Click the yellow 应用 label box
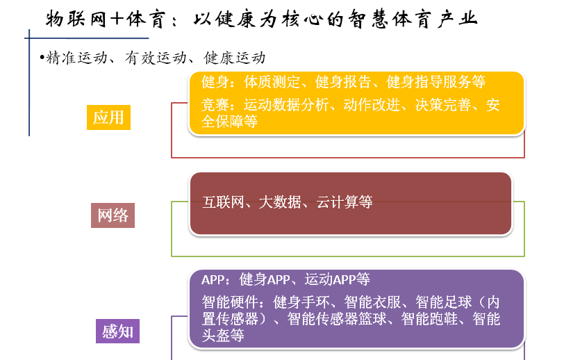[x=108, y=117]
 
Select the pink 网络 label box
[x=113, y=215]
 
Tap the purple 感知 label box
[x=117, y=332]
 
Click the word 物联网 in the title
[x=76, y=19]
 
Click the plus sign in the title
[x=117, y=19]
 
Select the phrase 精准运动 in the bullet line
[x=76, y=58]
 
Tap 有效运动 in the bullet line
[x=156, y=58]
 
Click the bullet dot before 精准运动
[x=42, y=57]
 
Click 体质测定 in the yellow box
[x=272, y=82]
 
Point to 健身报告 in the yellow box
[x=343, y=82]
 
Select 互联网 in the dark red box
[x=224, y=202]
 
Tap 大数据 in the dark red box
[x=280, y=202]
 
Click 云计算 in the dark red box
[x=337, y=202]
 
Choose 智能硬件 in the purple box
[x=229, y=302]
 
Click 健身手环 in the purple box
[x=301, y=302]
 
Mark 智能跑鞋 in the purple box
[x=429, y=318]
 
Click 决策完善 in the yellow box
[x=443, y=105]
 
